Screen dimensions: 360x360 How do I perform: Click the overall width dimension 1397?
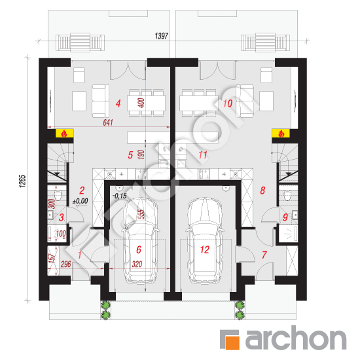(x=162, y=36)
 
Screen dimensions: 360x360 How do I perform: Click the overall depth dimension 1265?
(x=22, y=181)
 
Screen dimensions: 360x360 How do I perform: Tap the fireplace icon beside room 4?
(x=64, y=133)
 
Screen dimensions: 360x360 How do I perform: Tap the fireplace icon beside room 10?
(x=281, y=133)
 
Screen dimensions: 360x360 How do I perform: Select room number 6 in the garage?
(x=139, y=250)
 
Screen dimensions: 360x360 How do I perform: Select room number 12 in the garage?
(x=205, y=250)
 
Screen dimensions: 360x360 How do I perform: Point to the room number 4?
(x=118, y=103)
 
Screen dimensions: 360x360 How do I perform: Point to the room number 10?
(x=228, y=103)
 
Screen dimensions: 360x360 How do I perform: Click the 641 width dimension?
(x=108, y=122)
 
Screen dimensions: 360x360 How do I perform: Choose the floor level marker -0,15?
(x=120, y=196)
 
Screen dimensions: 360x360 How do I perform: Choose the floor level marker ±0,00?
(x=81, y=201)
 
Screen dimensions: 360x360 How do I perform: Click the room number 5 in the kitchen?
(x=130, y=155)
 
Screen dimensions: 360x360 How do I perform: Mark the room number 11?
(x=203, y=155)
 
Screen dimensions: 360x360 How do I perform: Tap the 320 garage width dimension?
(x=137, y=264)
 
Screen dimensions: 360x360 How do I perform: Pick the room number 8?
(x=262, y=190)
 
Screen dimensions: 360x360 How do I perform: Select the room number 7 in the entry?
(x=264, y=255)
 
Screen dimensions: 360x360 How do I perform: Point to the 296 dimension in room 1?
(x=65, y=264)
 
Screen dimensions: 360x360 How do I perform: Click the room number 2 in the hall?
(x=82, y=190)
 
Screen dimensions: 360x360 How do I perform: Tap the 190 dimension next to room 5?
(x=141, y=154)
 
